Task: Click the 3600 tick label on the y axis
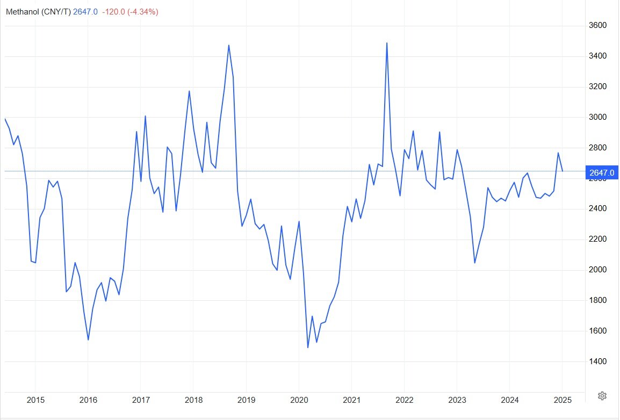coord(597,25)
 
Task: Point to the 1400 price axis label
coord(597,361)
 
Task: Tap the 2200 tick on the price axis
coord(597,239)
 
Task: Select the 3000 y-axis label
coord(597,117)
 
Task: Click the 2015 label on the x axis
coord(35,400)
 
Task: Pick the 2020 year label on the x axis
coord(299,400)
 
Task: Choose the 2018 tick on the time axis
coord(193,400)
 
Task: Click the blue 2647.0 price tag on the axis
coord(601,172)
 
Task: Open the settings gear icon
coord(602,396)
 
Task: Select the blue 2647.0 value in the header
coord(85,12)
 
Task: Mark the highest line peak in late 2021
coord(387,43)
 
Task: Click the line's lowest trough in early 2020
coord(308,347)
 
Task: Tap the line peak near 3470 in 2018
coord(229,45)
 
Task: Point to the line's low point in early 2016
coord(88,339)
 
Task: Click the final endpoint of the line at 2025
coord(562,171)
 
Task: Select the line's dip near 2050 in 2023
coord(475,263)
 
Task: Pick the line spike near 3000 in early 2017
coord(145,116)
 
